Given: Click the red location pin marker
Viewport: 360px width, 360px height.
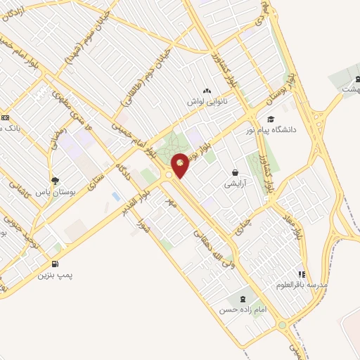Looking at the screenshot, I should click(181, 165).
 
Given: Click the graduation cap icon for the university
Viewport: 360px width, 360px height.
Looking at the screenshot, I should click(271, 120).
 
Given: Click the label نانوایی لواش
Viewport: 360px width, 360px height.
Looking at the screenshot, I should click(206, 103).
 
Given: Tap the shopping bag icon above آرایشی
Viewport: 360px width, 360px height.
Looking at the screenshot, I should click(235, 173).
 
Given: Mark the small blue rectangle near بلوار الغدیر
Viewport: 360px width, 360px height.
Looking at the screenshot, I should click(115, 196).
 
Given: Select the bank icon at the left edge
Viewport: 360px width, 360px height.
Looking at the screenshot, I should click(4, 118).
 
